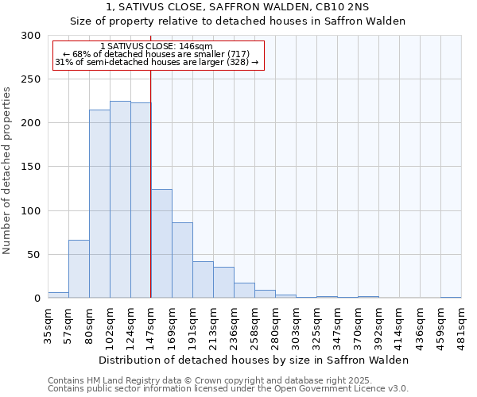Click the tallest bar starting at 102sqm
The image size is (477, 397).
(x=120, y=199)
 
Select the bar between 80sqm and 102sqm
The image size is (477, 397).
(x=99, y=204)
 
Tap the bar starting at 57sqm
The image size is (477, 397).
(x=79, y=268)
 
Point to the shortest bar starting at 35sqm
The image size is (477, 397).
(x=58, y=295)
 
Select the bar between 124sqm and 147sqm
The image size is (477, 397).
(x=141, y=200)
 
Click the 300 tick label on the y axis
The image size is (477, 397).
(x=30, y=36)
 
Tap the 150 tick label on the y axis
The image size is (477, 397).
(x=30, y=167)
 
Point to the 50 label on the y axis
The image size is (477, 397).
(x=33, y=255)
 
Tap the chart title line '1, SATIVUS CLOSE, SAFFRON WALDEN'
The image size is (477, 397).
(x=238, y=8)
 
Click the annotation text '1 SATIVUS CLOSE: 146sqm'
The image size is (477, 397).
(x=157, y=46)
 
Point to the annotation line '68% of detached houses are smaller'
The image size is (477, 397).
(x=157, y=54)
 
